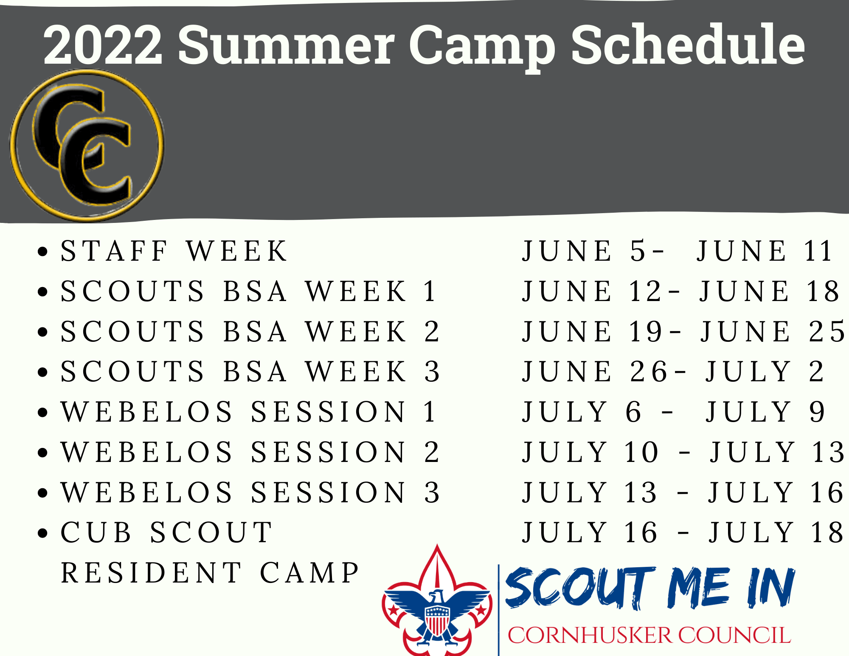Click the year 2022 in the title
pyautogui.click(x=103, y=45)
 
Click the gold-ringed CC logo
pyautogui.click(x=87, y=145)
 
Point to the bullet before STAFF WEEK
pyautogui.click(x=42, y=251)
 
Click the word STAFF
pyautogui.click(x=114, y=251)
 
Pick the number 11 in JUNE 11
pyautogui.click(x=818, y=251)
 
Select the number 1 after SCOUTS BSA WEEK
pyautogui.click(x=430, y=291)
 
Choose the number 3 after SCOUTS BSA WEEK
pyautogui.click(x=432, y=372)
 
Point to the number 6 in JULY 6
pyautogui.click(x=633, y=411)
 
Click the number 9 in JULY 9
pyautogui.click(x=817, y=411)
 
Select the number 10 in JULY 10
pyautogui.click(x=641, y=452)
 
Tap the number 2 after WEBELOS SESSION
pyautogui.click(x=432, y=452)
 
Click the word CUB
pyautogui.click(x=96, y=532)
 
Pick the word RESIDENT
pyautogui.click(x=151, y=573)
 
